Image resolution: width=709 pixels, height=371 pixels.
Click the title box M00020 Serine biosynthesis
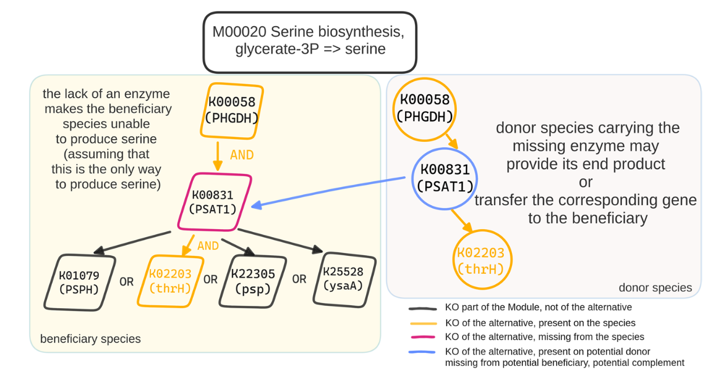coord(310,42)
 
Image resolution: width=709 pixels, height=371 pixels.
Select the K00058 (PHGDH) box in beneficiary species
coord(232,110)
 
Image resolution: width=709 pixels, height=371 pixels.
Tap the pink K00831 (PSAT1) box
coord(214,202)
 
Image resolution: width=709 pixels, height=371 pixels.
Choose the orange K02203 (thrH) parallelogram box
coord(170,281)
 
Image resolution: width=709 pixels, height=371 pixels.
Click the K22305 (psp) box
coord(252,281)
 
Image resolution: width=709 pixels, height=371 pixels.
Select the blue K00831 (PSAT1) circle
coord(445,177)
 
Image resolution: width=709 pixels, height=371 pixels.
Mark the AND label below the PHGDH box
coord(242,155)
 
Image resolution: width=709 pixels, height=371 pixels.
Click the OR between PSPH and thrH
coord(126,281)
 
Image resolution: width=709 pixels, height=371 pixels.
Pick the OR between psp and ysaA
coord(299,279)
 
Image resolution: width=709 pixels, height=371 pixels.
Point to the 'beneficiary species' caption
coord(90,338)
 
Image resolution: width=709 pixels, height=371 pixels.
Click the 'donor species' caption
coord(655,287)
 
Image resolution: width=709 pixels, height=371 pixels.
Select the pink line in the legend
coord(422,337)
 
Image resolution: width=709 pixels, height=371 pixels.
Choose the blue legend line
coord(422,352)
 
